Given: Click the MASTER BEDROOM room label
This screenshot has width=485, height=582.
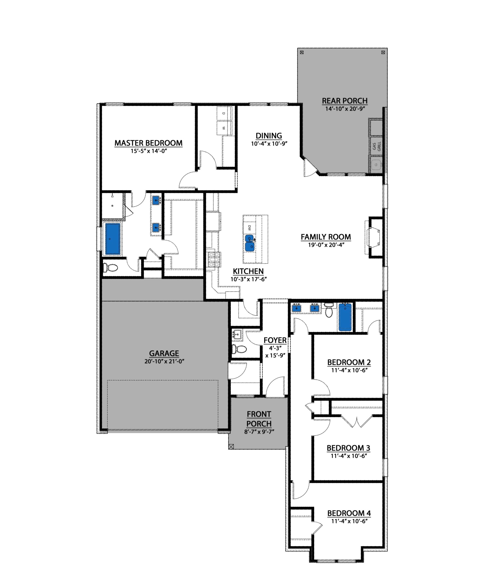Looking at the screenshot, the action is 148,143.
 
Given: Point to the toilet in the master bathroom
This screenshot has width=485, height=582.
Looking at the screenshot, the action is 110,267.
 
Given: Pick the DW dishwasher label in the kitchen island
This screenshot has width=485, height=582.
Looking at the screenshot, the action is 249,228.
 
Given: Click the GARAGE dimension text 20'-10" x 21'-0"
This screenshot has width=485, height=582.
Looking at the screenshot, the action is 164,361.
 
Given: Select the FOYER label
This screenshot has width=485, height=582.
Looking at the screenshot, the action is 275,340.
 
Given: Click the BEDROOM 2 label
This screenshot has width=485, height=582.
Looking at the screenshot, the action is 349,362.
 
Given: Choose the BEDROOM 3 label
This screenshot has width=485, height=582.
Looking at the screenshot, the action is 348,448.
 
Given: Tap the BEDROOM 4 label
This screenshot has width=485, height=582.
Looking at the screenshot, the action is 349,513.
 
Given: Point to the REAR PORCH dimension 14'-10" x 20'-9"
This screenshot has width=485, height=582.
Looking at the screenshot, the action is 345,109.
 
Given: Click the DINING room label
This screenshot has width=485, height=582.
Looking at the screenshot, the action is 269,136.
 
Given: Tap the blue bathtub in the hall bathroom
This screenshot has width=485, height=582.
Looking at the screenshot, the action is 345,317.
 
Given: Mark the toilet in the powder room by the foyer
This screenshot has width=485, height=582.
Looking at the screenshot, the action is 239,349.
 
